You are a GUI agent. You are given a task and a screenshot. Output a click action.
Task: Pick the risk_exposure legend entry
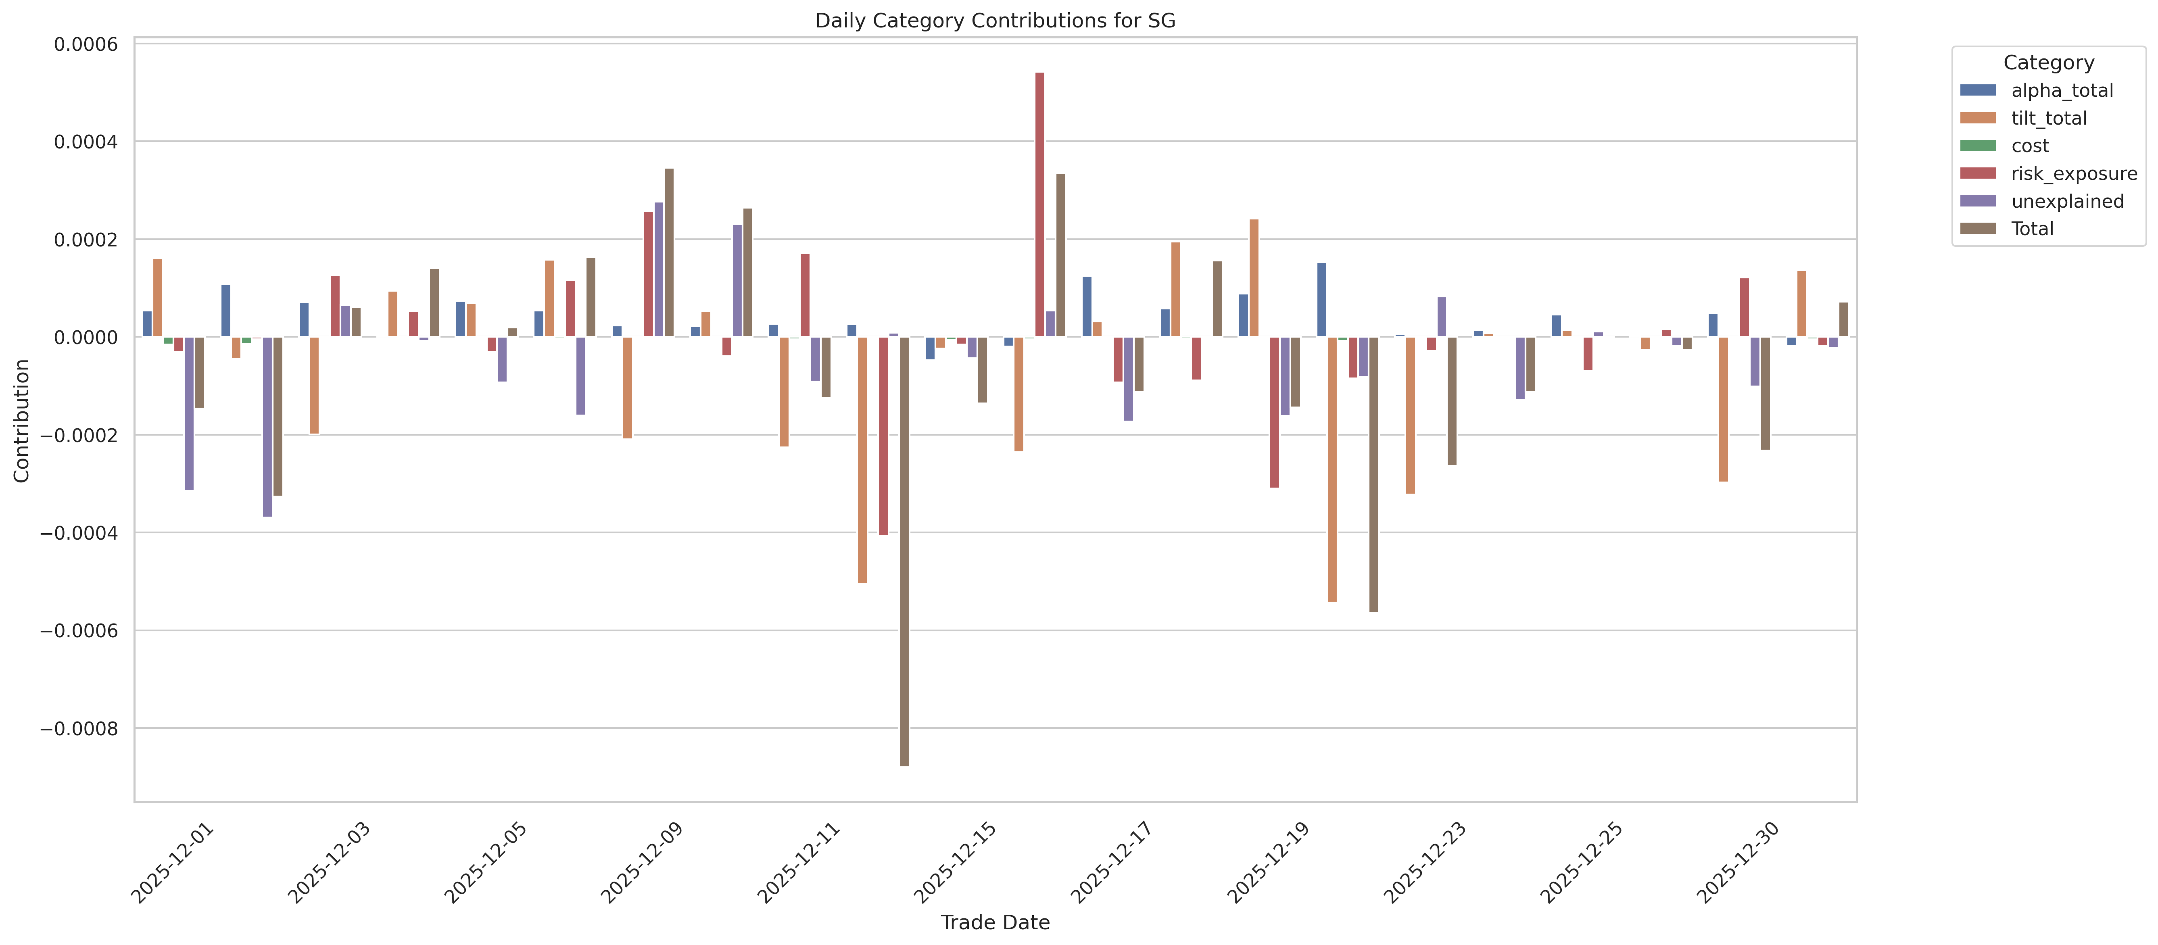(2073, 173)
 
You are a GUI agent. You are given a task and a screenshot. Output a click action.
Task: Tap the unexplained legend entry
(2067, 201)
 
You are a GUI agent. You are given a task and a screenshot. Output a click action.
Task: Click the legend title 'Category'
(2048, 63)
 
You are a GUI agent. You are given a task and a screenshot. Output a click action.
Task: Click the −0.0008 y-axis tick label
(79, 728)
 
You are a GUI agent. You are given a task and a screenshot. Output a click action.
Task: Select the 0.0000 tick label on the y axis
(86, 337)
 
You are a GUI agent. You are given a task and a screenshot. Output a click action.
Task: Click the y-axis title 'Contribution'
(22, 421)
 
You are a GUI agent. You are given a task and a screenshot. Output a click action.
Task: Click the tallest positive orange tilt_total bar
(1253, 278)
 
